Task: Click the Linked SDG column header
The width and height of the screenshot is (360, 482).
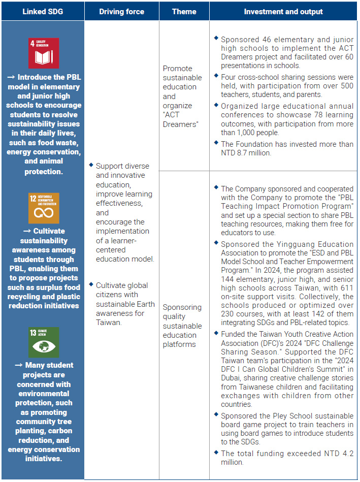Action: pos(42,11)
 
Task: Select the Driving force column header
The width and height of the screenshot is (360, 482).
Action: pos(122,11)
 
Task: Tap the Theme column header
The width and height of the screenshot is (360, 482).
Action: pos(184,11)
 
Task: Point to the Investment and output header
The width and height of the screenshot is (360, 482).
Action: pos(283,11)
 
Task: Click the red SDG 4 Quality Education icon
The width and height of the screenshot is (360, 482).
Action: pos(44,53)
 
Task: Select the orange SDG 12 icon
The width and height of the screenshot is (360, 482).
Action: pos(44,208)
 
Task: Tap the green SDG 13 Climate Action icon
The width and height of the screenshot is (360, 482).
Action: pos(44,342)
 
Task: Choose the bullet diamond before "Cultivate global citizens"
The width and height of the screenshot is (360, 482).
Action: pos(91,284)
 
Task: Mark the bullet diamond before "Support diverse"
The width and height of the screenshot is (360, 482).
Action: pos(91,165)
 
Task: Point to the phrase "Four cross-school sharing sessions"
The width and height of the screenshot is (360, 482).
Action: pos(274,77)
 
